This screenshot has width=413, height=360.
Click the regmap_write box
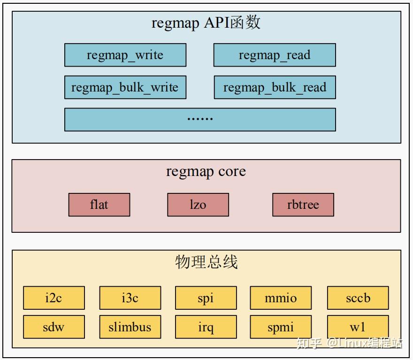point(125,55)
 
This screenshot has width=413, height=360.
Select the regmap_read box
point(275,55)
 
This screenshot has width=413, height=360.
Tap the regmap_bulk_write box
point(125,87)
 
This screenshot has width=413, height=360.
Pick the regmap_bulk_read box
point(275,87)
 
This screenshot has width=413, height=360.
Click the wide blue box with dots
point(200,119)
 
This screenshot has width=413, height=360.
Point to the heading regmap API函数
point(206,23)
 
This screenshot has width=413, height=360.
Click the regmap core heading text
point(206,172)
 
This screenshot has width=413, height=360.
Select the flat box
point(99,205)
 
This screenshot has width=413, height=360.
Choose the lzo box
point(198,205)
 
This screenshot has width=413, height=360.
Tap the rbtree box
point(303,205)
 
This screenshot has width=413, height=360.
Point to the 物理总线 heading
point(206,262)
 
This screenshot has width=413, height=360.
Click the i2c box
point(54,298)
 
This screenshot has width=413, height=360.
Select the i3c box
point(130,298)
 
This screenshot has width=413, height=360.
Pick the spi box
point(206,298)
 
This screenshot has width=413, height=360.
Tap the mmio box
point(281,298)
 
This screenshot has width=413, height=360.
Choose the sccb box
point(358,298)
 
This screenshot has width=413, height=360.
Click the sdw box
point(54,327)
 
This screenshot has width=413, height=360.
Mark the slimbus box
point(130,327)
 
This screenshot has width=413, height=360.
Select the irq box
point(206,327)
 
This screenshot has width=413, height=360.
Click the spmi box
point(281,327)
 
